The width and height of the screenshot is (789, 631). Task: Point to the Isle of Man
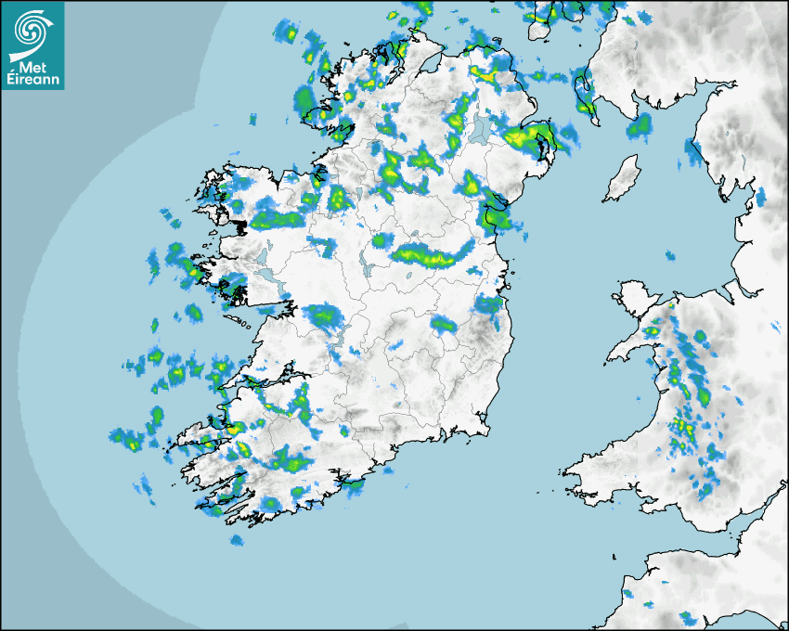tap(623, 177)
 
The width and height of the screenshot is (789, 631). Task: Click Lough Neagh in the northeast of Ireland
tap(481, 128)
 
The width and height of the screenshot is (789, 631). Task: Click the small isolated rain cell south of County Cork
tap(237, 539)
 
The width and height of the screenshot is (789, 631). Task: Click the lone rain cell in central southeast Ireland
tap(443, 324)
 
